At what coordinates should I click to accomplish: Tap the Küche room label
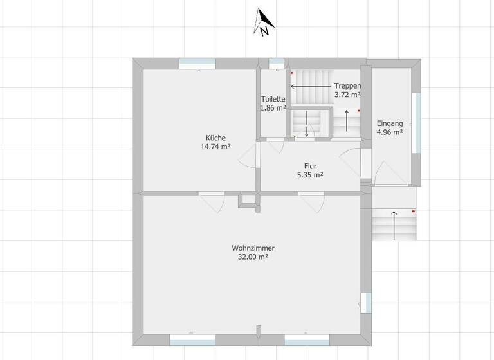tap(215, 138)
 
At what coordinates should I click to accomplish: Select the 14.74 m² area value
tap(215, 147)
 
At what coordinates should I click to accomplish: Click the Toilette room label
tap(273, 99)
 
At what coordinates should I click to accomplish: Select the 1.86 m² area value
tap(273, 108)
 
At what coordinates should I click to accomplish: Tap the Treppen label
tap(347, 86)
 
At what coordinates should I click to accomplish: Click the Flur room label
tap(310, 166)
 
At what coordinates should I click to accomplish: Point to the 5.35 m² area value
tap(310, 175)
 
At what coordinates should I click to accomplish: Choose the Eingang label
tap(390, 123)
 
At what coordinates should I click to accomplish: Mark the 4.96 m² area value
tap(390, 132)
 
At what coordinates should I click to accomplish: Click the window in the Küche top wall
tap(197, 63)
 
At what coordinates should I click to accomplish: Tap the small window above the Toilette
tap(276, 63)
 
